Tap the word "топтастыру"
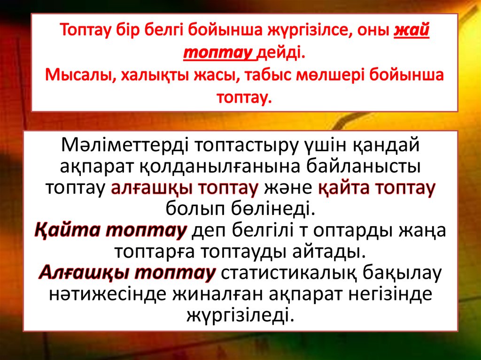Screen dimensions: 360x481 click(x=245, y=146)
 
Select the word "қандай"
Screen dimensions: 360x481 click(x=382, y=146)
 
